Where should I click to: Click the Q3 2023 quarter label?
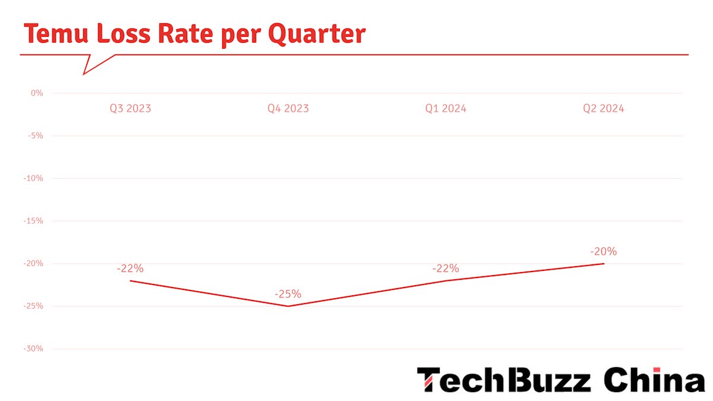tap(130, 109)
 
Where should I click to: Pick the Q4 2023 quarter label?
tap(288, 109)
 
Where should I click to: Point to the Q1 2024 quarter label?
tap(446, 109)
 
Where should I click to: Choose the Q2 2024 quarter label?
tap(603, 109)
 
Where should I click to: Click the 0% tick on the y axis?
tap(37, 93)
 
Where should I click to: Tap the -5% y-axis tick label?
tap(36, 135)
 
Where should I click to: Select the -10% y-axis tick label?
tap(34, 178)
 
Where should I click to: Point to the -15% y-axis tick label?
tap(34, 221)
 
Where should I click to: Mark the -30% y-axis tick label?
tap(34, 349)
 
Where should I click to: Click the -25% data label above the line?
tap(288, 294)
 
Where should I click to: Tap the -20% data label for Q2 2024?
tap(603, 251)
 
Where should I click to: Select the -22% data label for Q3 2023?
tap(130, 269)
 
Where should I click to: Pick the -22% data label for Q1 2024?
tap(446, 269)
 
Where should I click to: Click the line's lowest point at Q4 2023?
tap(288, 306)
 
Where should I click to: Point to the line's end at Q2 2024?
tap(604, 263)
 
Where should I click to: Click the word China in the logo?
tap(654, 380)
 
